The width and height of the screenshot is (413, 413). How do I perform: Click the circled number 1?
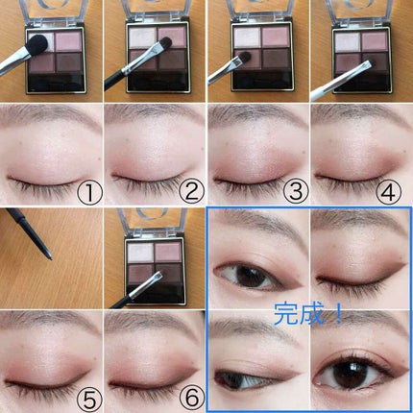pyautogui.click(x=90, y=193)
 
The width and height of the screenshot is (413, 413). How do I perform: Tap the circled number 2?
pyautogui.click(x=192, y=191)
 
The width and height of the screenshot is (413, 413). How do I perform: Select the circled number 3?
pyautogui.click(x=296, y=191)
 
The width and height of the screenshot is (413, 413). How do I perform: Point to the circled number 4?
pyautogui.click(x=388, y=192)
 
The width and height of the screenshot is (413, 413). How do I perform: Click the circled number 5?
pyautogui.click(x=90, y=401)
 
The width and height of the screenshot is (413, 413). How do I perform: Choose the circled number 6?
pyautogui.click(x=192, y=399)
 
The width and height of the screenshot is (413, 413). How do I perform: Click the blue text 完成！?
pyautogui.click(x=308, y=314)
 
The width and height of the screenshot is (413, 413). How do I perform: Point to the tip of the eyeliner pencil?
pyautogui.click(x=51, y=258)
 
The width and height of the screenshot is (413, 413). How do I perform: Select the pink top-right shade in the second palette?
pyautogui.click(x=172, y=36)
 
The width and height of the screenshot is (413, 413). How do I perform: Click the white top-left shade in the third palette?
pyautogui.click(x=247, y=37)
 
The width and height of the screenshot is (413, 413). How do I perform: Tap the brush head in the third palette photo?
pyautogui.click(x=244, y=57)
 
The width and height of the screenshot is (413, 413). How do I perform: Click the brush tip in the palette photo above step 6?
pyautogui.click(x=158, y=276)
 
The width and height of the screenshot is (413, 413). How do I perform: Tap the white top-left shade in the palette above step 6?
pyautogui.click(x=139, y=253)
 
